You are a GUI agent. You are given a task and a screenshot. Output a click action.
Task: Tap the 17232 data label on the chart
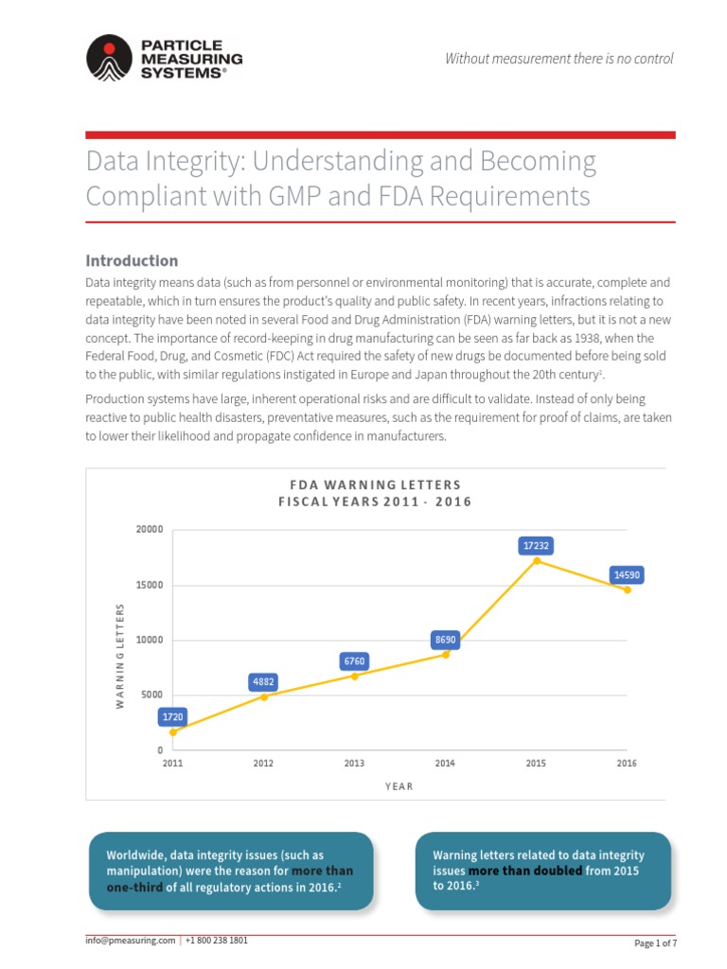(536, 545)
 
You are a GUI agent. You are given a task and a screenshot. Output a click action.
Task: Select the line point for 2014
(446, 654)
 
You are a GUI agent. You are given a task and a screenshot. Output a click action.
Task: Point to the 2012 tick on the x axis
(263, 763)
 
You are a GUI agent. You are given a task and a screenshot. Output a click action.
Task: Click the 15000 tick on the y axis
(147, 585)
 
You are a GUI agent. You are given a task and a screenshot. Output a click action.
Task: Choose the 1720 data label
(173, 716)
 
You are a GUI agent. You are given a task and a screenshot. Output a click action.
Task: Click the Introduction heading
(132, 260)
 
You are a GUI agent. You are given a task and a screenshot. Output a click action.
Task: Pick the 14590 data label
(627, 574)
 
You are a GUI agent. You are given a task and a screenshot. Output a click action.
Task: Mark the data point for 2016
(627, 590)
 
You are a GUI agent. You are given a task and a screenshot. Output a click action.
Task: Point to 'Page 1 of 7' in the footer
(654, 943)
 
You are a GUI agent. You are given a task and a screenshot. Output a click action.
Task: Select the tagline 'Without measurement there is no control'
(559, 59)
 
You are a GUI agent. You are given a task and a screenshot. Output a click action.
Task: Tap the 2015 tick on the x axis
(536, 763)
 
